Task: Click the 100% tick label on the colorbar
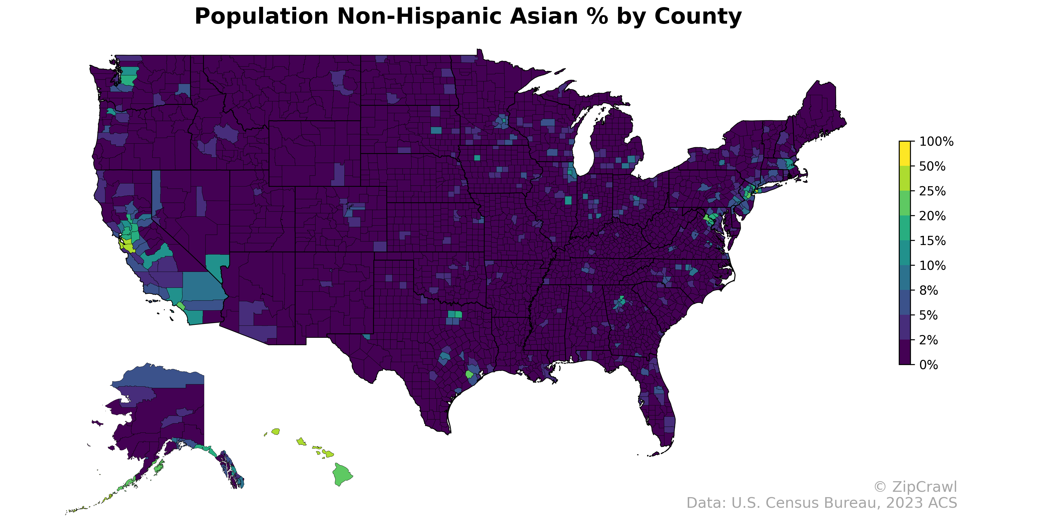pyautogui.click(x=936, y=142)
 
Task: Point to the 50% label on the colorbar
pyautogui.click(x=932, y=166)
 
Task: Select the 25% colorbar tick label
pyautogui.click(x=932, y=191)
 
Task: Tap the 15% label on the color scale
pyautogui.click(x=932, y=241)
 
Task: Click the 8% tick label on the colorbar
pyautogui.click(x=929, y=290)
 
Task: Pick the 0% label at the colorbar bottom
pyautogui.click(x=929, y=365)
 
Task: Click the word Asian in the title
pyautogui.click(x=539, y=17)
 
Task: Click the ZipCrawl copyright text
pyautogui.click(x=915, y=487)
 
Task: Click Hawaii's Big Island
pyautogui.click(x=342, y=474)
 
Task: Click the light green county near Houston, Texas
pyautogui.click(x=469, y=374)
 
